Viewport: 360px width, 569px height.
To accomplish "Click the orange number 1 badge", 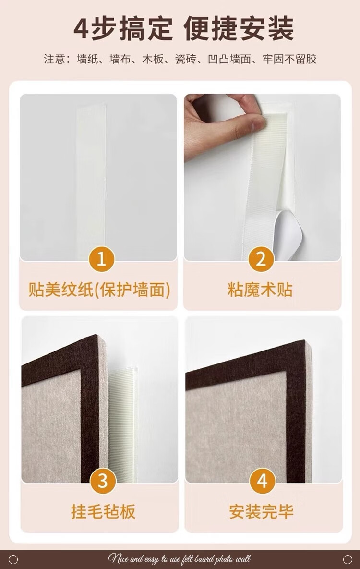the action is pyautogui.click(x=101, y=259).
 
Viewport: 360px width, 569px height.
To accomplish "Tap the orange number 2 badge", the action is pyautogui.click(x=261, y=259).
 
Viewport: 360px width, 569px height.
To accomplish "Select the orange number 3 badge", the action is pyautogui.click(x=103, y=481).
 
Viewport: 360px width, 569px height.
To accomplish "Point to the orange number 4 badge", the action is pyautogui.click(x=263, y=481).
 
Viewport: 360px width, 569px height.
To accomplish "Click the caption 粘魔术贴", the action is pyautogui.click(x=260, y=290).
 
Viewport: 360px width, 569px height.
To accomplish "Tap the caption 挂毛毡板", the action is pyautogui.click(x=103, y=512).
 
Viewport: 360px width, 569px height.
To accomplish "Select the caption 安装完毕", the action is pyautogui.click(x=261, y=512).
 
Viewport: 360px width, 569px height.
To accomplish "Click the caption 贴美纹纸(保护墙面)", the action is pyautogui.click(x=99, y=290).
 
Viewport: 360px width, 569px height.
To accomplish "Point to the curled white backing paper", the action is pyautogui.click(x=288, y=234).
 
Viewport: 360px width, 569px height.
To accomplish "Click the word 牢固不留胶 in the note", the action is pyautogui.click(x=289, y=59).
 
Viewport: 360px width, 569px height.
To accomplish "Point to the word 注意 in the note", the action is pyautogui.click(x=54, y=59).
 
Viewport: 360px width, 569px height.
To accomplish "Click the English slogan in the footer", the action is pyautogui.click(x=179, y=559).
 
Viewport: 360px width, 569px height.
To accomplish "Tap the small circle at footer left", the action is pyautogui.click(x=13, y=559).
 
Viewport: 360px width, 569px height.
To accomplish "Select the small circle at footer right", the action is pyautogui.click(x=348, y=559).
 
